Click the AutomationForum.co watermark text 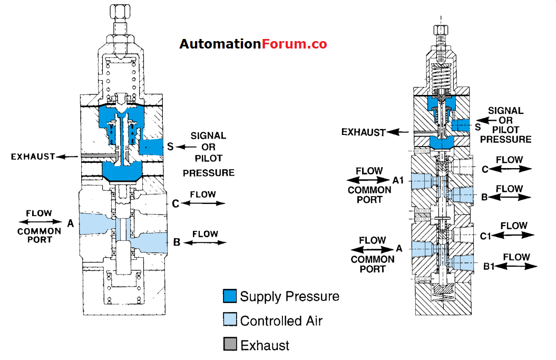(x=253, y=44)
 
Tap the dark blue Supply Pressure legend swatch (x=230, y=296)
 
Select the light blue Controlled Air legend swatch (x=230, y=320)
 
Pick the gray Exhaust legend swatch (x=230, y=345)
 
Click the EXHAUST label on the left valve (x=33, y=157)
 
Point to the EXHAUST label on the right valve (x=364, y=132)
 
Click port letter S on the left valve (x=170, y=146)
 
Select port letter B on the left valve (x=177, y=242)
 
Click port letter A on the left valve (x=70, y=223)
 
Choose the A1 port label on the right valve (x=398, y=180)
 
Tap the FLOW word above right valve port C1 (x=514, y=226)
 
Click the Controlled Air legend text (x=281, y=320)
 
